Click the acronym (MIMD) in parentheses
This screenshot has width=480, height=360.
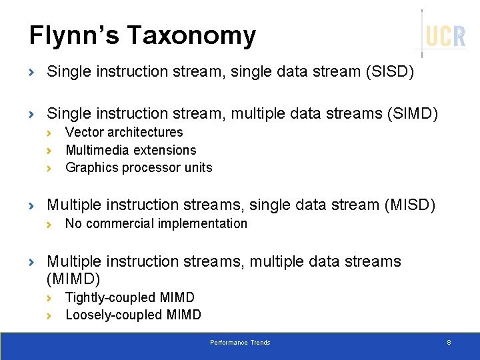(73, 278)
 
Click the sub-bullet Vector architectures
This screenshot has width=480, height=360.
(124, 133)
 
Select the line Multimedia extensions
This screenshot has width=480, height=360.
(131, 150)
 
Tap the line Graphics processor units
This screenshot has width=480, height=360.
(139, 167)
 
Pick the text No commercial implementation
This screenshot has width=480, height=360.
(156, 223)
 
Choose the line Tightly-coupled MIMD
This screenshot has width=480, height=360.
(130, 297)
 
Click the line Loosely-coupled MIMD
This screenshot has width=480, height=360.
(133, 315)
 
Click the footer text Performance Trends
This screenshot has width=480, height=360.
(240, 343)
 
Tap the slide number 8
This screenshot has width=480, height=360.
(449, 343)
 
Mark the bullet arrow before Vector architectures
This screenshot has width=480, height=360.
(49, 133)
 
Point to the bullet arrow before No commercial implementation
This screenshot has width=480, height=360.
(49, 224)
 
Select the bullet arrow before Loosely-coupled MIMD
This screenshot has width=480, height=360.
(49, 315)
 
